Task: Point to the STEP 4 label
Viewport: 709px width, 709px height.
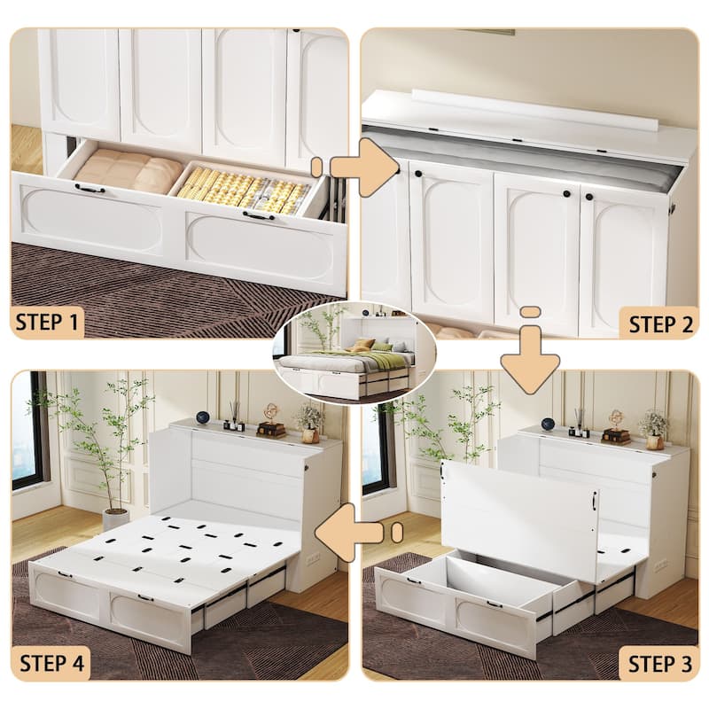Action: [x=51, y=662]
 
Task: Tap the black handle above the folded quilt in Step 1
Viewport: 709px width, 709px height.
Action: [x=89, y=188]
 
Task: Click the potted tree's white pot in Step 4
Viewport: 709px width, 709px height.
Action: [x=115, y=518]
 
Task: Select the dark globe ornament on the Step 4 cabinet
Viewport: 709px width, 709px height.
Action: [x=203, y=417]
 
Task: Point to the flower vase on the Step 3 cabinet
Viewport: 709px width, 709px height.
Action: [x=654, y=429]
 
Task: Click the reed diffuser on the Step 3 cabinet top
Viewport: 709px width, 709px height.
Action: [x=578, y=425]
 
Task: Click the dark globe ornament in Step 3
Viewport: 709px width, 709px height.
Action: [x=548, y=424]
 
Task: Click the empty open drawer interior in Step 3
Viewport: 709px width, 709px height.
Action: [x=496, y=581]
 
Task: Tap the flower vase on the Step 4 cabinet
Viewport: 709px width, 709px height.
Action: [x=309, y=422]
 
